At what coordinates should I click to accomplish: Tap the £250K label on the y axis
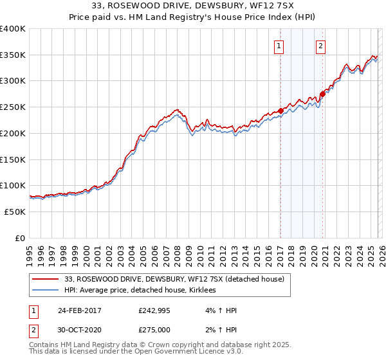click(x=13, y=107)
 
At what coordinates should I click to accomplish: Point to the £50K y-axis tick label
click(x=15, y=212)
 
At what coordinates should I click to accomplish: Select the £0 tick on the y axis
click(x=21, y=238)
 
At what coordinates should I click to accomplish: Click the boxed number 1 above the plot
click(x=279, y=45)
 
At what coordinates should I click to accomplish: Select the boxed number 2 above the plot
click(x=320, y=45)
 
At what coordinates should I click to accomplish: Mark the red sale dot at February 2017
click(x=280, y=111)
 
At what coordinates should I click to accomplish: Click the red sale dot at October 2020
click(x=322, y=94)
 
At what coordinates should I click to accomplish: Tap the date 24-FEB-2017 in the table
click(x=80, y=310)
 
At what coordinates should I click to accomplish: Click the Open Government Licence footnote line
click(x=136, y=352)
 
